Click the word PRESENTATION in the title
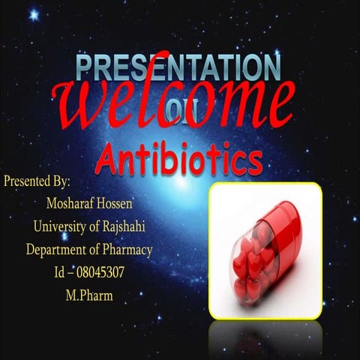click(x=178, y=67)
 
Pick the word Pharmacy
click(x=126, y=250)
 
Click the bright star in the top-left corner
click(x=34, y=14)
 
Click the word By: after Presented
click(x=61, y=182)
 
